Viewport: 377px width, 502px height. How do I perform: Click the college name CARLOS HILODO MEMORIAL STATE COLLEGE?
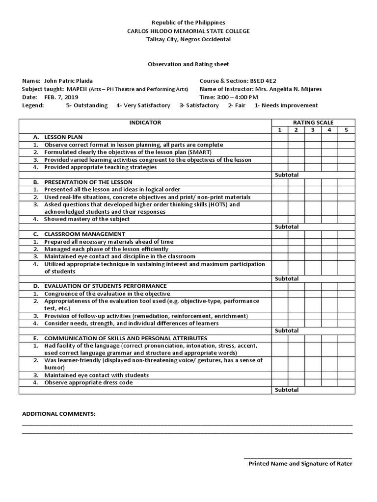[188, 31]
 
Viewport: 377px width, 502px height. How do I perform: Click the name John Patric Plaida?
[68, 80]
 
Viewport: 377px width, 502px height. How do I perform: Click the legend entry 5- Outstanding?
[86, 105]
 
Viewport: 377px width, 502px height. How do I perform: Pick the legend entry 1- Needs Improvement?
[286, 105]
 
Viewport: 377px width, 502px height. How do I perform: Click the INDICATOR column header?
[145, 123]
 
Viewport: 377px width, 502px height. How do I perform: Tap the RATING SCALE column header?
[313, 123]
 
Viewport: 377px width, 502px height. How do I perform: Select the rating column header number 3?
[313, 130]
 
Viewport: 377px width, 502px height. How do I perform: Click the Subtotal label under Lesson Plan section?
[287, 175]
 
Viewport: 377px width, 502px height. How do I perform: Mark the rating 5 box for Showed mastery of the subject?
[346, 219]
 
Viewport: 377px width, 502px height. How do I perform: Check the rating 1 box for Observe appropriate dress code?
[280, 382]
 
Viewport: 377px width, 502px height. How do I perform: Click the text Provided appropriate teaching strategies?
[100, 167]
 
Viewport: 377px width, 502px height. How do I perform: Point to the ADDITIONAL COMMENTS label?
[59, 414]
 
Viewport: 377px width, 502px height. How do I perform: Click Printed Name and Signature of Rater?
[300, 463]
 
